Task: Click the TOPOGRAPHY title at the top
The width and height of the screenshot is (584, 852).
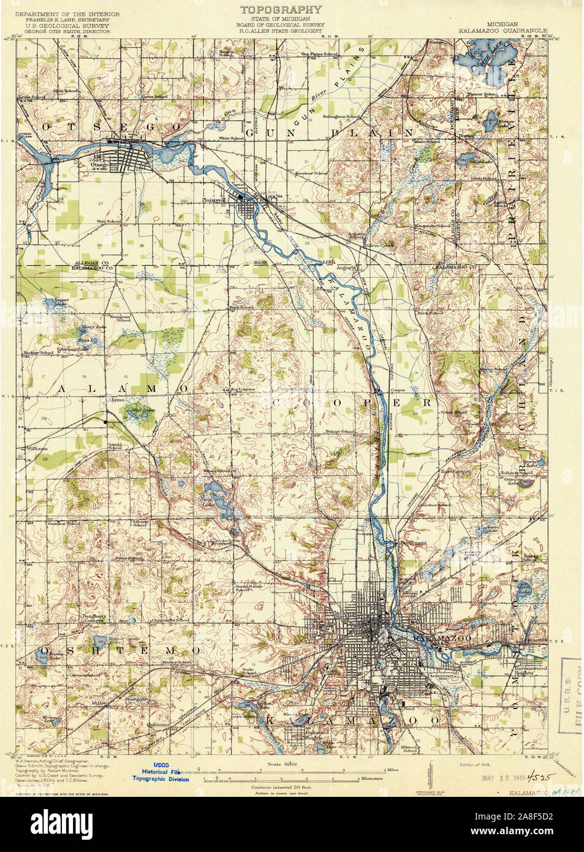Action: tap(280, 9)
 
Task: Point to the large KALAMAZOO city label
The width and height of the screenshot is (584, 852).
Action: tap(434, 639)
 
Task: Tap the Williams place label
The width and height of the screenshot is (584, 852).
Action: tap(36, 449)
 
